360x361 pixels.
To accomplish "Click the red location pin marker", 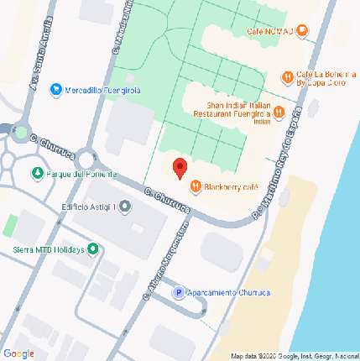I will (x=179, y=167).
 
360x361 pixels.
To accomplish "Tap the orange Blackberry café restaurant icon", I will (x=195, y=186).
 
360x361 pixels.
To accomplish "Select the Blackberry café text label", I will (x=230, y=187).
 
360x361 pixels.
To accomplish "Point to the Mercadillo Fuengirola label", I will (x=103, y=90).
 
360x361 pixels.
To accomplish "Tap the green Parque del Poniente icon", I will (x=37, y=174).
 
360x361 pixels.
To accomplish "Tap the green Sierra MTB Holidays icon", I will (x=92, y=249).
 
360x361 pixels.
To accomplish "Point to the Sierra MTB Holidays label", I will (x=49, y=249).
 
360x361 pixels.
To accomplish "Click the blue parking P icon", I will (x=178, y=292).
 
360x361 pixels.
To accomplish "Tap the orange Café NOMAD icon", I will (x=303, y=31).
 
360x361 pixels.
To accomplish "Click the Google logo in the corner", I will (x=18, y=353).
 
